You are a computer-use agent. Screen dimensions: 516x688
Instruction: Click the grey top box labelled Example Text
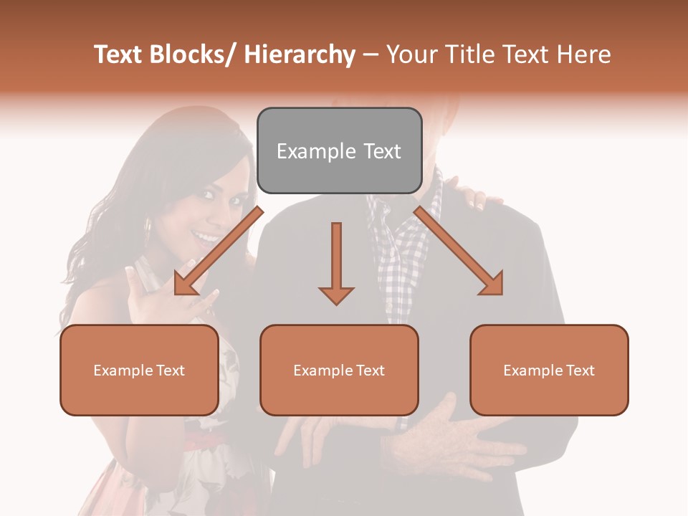coord(339,150)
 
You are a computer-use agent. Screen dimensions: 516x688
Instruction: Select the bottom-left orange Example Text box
coord(139,370)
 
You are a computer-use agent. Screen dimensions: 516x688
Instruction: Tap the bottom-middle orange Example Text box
coord(339,370)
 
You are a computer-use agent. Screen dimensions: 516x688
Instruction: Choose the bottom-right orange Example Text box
coord(549,370)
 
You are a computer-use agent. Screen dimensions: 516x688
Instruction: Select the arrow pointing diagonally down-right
coord(459,251)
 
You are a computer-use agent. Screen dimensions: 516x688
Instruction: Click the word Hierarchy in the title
coord(300,55)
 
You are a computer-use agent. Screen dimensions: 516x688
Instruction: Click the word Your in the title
coord(410,55)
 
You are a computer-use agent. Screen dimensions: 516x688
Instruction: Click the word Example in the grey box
coord(307,151)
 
